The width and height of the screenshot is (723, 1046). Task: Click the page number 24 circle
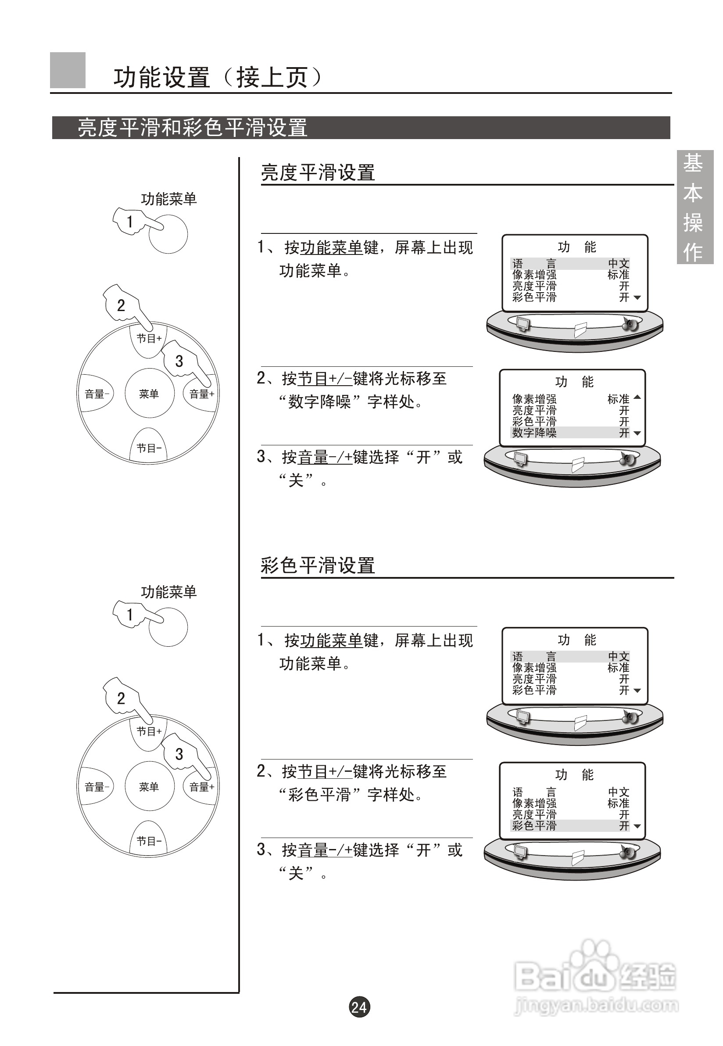(x=359, y=1007)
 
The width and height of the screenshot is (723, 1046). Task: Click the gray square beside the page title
(x=68, y=70)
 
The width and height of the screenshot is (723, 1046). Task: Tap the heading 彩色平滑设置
(x=318, y=566)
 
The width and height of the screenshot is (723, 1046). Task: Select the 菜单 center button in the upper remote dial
(x=149, y=394)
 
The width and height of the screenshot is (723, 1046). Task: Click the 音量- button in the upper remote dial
(x=96, y=394)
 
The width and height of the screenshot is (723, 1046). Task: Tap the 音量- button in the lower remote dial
(x=96, y=787)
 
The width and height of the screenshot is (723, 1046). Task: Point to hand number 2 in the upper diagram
(x=120, y=305)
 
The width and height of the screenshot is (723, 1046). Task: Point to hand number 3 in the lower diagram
(x=179, y=754)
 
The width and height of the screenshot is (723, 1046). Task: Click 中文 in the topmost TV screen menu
(x=618, y=264)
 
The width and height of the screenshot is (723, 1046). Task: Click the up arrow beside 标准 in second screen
(x=637, y=397)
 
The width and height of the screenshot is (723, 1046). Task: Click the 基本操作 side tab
(x=694, y=207)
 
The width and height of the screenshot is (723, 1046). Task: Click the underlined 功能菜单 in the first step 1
(x=332, y=248)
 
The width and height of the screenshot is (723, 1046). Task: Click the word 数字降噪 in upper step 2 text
(x=320, y=402)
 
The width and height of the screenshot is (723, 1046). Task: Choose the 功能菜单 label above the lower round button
(x=168, y=592)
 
